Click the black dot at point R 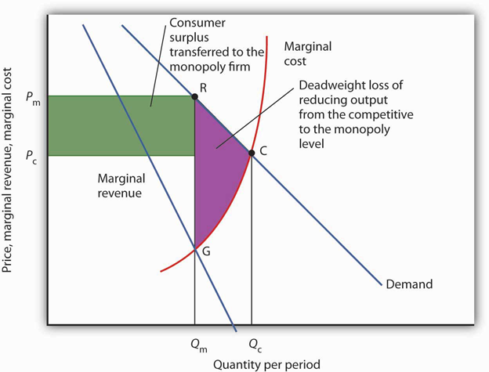click(x=194, y=96)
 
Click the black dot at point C click(x=252, y=153)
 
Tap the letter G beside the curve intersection click(x=206, y=251)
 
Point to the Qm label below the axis click(x=199, y=345)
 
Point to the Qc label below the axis click(x=255, y=345)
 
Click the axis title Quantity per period click(x=266, y=364)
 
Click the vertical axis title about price click(x=6, y=170)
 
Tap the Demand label click(x=409, y=284)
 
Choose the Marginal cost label click(x=307, y=53)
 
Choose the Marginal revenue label click(x=121, y=186)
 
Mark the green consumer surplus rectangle click(x=121, y=125)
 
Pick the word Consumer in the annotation click(x=197, y=23)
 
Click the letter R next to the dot click(x=203, y=88)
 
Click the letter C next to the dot click(x=263, y=151)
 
